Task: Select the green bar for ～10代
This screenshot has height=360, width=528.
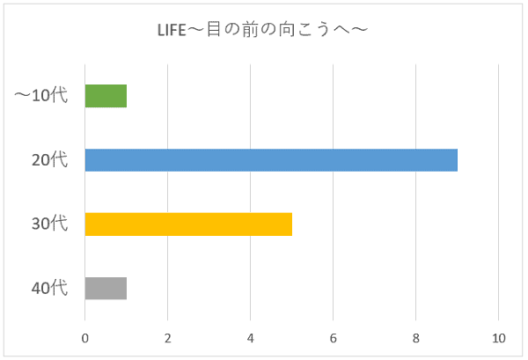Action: pyautogui.click(x=106, y=96)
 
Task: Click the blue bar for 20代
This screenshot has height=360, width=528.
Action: pyautogui.click(x=271, y=160)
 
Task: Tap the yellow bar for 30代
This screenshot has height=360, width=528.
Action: pyautogui.click(x=188, y=224)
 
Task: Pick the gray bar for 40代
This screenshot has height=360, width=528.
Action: pyautogui.click(x=106, y=289)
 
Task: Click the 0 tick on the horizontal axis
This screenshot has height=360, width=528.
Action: pyautogui.click(x=85, y=338)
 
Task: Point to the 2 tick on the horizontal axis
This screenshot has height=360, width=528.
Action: pyautogui.click(x=168, y=338)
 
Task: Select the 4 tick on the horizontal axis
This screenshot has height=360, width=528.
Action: pyautogui.click(x=251, y=338)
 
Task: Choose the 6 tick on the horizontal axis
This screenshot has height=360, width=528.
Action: pyautogui.click(x=334, y=338)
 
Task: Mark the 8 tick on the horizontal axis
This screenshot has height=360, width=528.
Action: pyautogui.click(x=416, y=338)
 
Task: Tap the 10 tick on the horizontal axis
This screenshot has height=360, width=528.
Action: pyautogui.click(x=499, y=338)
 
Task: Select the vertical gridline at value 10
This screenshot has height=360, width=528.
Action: pyautogui.click(x=499, y=193)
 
